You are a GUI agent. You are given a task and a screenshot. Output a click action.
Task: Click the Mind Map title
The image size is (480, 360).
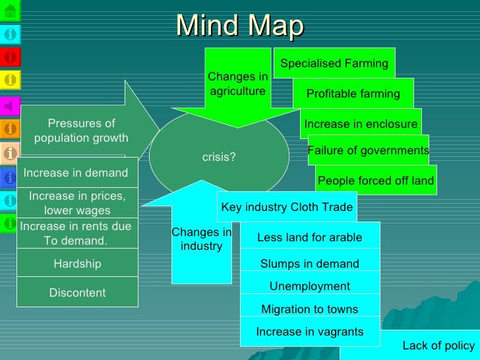(x=240, y=26)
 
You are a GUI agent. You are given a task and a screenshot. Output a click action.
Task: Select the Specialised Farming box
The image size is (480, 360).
(x=334, y=63)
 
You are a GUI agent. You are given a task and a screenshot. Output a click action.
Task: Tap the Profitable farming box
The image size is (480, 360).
(x=353, y=94)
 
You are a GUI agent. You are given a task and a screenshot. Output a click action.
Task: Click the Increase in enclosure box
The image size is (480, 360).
(x=361, y=124)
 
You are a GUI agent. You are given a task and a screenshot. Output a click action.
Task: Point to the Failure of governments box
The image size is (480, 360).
(x=368, y=150)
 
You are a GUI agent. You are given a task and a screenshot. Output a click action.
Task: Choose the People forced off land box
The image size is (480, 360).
(x=375, y=181)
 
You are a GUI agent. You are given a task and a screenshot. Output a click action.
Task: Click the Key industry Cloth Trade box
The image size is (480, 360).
(x=287, y=207)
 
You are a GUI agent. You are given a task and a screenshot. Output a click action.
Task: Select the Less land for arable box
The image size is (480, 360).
(x=309, y=237)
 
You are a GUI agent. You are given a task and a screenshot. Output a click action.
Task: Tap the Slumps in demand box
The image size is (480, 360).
(x=309, y=264)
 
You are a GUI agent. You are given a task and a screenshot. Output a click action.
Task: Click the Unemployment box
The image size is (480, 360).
(x=309, y=286)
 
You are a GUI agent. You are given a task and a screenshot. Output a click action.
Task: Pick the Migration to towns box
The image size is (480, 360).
(x=309, y=309)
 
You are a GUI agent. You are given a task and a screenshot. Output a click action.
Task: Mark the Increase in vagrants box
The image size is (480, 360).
(x=309, y=332)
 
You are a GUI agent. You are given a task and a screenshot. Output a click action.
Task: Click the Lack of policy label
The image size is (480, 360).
(x=438, y=345)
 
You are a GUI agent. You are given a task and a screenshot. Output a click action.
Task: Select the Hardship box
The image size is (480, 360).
(x=77, y=264)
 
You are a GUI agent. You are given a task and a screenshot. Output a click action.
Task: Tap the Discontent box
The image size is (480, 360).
(x=77, y=293)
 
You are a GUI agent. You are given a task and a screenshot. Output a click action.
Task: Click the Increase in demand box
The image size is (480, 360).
(x=76, y=173)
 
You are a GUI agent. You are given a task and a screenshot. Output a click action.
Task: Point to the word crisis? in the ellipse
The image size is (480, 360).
(x=219, y=158)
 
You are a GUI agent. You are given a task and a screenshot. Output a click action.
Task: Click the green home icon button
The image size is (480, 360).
(x=10, y=10)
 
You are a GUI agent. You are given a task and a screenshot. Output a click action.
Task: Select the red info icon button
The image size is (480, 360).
(x=10, y=57)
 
